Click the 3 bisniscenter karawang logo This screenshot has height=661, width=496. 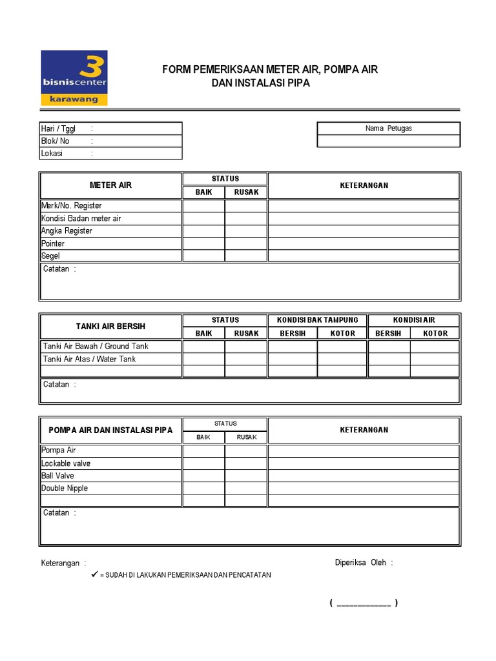74,77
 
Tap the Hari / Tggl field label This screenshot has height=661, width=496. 59,128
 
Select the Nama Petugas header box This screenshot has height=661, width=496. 388,128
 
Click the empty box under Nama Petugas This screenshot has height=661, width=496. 388,141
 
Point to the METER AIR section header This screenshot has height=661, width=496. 110,185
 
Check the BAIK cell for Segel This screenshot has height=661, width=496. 203,256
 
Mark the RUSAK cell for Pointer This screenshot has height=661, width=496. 245,243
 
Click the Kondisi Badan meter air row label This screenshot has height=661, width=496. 81,218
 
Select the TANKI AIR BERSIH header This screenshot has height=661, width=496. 110,327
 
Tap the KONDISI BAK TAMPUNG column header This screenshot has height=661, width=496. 317,320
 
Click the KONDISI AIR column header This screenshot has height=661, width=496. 414,320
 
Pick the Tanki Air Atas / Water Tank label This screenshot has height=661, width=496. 89,359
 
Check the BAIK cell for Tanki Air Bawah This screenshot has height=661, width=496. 203,347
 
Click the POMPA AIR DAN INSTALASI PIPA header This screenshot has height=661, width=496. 110,431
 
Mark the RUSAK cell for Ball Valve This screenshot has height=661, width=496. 245,476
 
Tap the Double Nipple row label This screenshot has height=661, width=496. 65,488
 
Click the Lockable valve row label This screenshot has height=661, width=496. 66,463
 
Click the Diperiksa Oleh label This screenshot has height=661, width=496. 364,562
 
